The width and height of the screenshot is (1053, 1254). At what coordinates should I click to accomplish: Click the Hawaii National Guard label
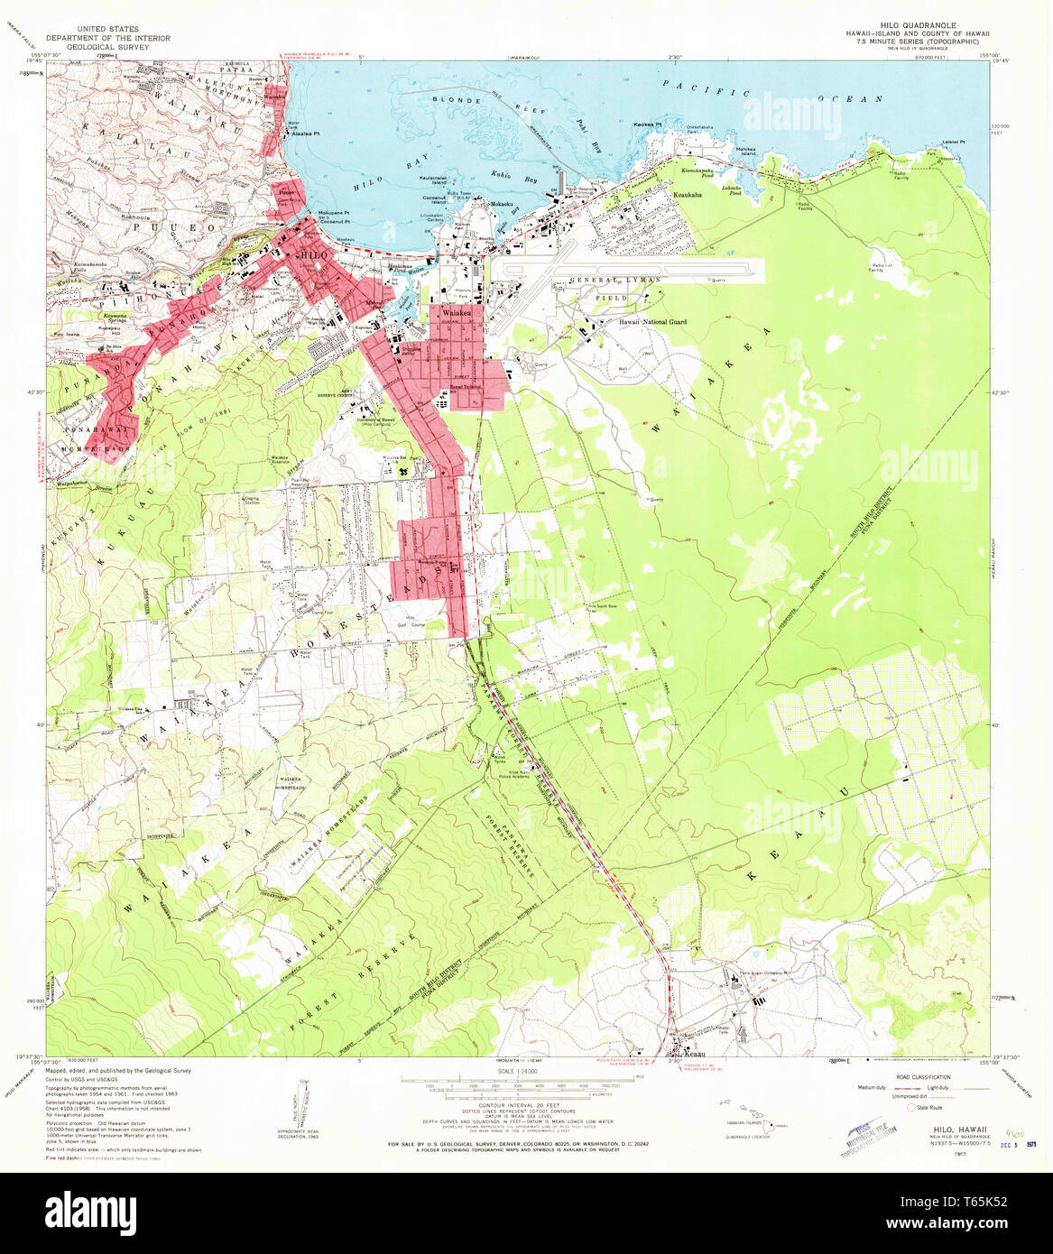pos(652,322)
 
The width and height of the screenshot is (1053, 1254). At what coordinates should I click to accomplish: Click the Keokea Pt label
pos(648,124)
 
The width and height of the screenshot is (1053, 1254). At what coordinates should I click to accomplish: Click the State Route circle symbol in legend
pos(912,1107)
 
